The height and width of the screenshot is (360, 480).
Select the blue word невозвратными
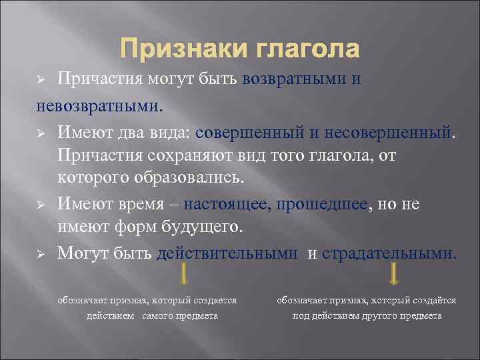[x=98, y=105]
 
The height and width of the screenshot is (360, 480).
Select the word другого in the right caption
[x=375, y=315]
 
